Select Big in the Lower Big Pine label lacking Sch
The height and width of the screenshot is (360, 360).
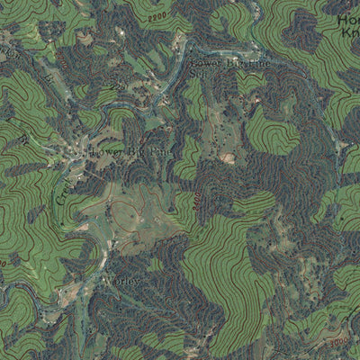click(x=233, y=66)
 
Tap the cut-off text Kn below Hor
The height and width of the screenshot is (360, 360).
click(x=350, y=31)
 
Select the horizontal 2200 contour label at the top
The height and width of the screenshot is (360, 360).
click(x=157, y=18)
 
